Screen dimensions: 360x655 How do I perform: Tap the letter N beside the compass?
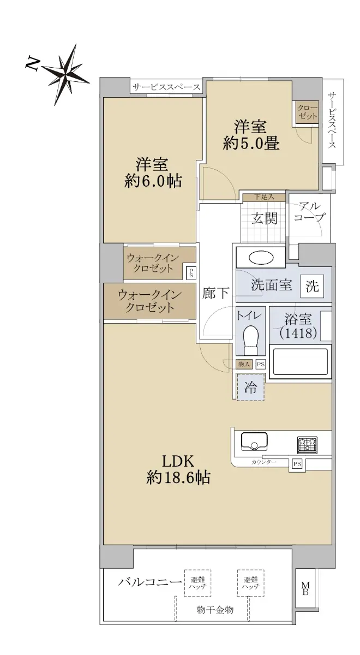[x=33, y=64]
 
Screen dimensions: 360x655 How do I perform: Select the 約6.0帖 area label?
[x=153, y=181]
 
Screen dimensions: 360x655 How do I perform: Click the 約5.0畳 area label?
[x=251, y=143]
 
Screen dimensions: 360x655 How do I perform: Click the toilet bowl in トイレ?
[x=250, y=340]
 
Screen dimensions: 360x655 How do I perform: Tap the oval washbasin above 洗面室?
[x=261, y=258]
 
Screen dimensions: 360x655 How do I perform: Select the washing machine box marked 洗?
[x=313, y=286]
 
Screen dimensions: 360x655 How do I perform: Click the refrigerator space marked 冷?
[x=251, y=388]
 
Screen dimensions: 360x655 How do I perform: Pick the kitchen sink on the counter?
[x=254, y=441]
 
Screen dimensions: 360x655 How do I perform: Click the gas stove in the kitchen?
[x=308, y=445]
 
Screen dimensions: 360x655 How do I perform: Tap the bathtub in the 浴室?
[x=300, y=362]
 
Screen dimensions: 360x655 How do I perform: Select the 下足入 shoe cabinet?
[x=264, y=197]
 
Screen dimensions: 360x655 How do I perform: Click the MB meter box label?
[x=305, y=588]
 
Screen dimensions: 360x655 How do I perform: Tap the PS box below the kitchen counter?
[x=297, y=464]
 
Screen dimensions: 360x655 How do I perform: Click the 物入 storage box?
[x=244, y=365]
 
